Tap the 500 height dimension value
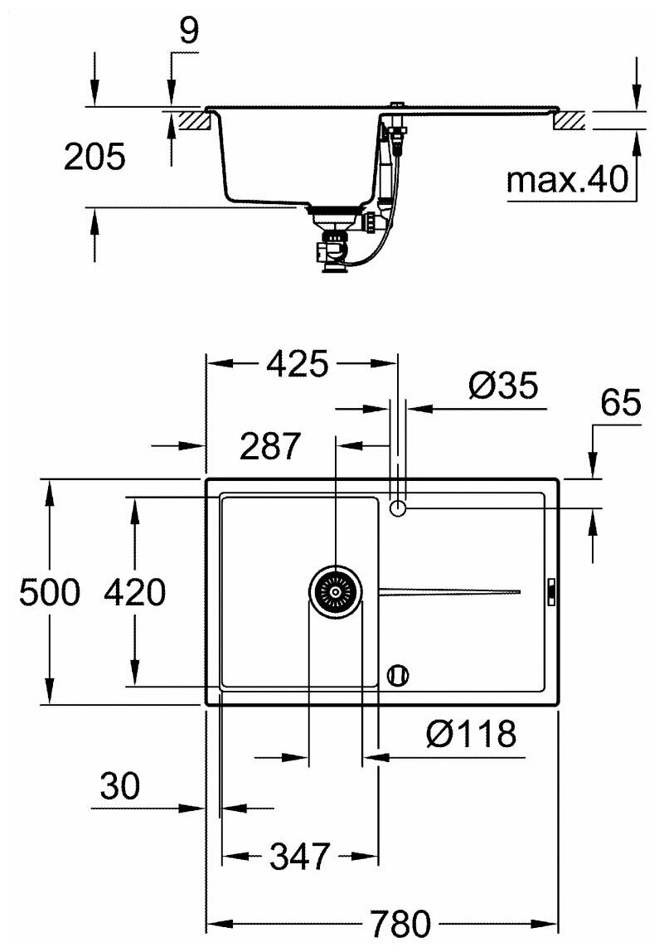pos(50,593)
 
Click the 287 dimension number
pos(269,447)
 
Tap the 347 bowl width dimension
pos(300,854)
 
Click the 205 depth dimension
pos(94,157)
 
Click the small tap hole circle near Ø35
pos(398,508)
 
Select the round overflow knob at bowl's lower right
pos(398,675)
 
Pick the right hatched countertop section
pos(569,120)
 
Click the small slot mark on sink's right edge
pos(551,591)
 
